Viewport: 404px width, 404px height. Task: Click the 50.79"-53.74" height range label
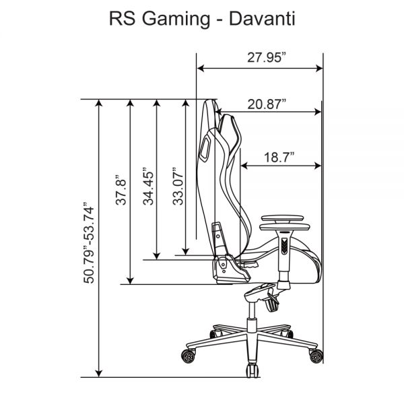pyautogui.click(x=88, y=241)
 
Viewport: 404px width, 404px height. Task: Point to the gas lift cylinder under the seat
pyautogui.click(x=251, y=314)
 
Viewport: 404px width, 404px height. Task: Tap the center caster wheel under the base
pyautogui.click(x=250, y=370)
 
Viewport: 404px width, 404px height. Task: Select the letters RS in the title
pyautogui.click(x=121, y=19)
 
